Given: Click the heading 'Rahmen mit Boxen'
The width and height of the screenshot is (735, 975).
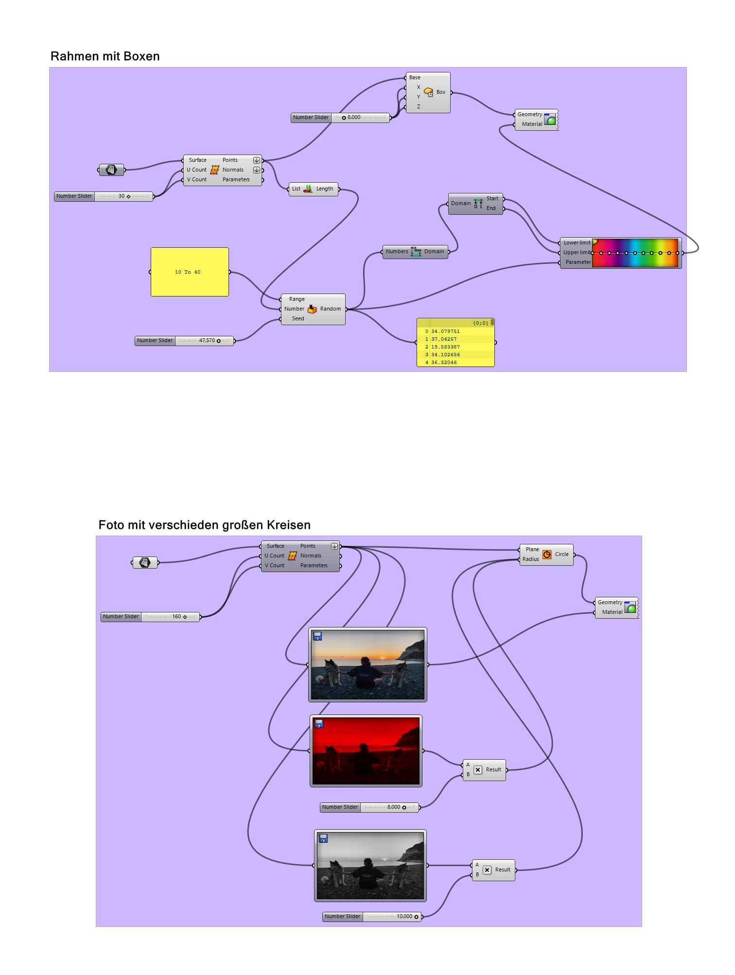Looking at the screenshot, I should [x=105, y=56].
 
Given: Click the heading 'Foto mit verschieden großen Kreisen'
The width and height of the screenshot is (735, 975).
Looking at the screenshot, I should [x=204, y=525].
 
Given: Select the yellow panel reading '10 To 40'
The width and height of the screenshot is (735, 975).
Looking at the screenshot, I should [x=190, y=272].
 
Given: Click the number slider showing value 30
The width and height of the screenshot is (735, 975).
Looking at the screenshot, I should [x=104, y=196].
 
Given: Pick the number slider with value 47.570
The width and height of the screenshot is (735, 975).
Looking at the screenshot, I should [x=184, y=341].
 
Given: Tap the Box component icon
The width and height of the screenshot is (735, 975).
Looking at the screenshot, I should [x=428, y=92].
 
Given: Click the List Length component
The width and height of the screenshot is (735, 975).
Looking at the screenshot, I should [x=314, y=189].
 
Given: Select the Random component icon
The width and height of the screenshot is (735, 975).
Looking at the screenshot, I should [x=312, y=309].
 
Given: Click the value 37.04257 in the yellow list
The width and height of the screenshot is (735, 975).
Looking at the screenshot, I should [x=444, y=339].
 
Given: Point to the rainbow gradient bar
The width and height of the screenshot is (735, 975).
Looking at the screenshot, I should [x=635, y=253].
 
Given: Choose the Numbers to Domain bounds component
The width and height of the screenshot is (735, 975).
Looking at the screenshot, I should [x=415, y=252].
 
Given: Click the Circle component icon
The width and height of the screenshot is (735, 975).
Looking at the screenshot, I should [x=547, y=555].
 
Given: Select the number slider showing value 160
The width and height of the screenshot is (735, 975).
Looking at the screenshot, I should [x=150, y=617].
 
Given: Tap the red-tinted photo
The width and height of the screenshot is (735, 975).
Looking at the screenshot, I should [x=366, y=751].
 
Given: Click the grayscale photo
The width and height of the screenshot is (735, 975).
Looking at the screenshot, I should [x=370, y=865].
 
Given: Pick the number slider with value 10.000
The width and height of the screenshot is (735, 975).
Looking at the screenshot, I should [x=372, y=917].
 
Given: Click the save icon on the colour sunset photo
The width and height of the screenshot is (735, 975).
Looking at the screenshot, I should [x=317, y=636].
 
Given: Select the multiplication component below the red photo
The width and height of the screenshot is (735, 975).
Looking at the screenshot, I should [x=484, y=770].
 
